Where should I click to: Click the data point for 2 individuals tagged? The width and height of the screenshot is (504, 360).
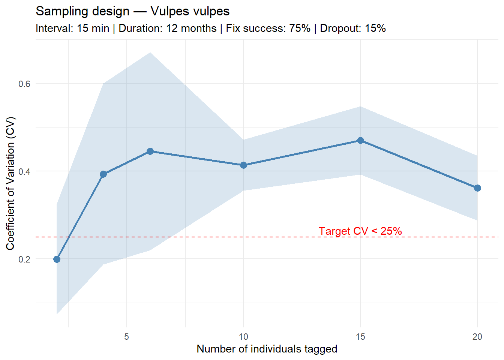tap(57, 259)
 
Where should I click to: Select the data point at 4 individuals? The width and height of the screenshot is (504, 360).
tap(103, 174)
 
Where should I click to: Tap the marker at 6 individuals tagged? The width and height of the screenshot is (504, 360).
tap(150, 151)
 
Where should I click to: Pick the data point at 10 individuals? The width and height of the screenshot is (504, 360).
tap(243, 165)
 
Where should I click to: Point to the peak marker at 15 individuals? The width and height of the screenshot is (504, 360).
tap(360, 141)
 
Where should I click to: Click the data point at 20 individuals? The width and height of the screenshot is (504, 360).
tap(477, 188)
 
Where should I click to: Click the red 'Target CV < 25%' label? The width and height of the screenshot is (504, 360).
tap(360, 231)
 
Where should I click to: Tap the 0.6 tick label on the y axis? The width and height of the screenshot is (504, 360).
tap(24, 84)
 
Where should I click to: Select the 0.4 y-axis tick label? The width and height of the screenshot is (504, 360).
tap(24, 171)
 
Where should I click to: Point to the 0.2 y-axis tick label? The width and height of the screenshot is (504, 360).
tap(24, 259)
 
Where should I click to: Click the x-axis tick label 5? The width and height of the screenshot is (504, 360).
tap(127, 337)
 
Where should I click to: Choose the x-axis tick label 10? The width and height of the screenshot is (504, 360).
tap(243, 337)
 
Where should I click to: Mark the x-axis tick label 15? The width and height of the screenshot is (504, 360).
tap(360, 337)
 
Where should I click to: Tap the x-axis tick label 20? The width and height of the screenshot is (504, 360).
tap(477, 337)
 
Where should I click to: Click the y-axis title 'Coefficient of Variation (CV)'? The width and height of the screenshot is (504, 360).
tap(10, 183)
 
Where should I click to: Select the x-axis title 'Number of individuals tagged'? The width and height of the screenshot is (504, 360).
tap(267, 349)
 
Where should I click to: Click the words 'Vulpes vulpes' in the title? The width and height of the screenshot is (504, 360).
tap(190, 11)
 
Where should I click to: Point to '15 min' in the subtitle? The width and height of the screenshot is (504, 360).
tap(93, 28)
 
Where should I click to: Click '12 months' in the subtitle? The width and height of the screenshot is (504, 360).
tap(191, 28)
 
